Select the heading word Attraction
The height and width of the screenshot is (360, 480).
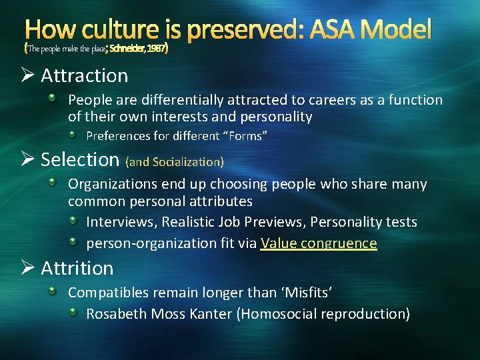tap(85, 75)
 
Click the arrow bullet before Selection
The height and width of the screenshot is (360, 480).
tap(29, 159)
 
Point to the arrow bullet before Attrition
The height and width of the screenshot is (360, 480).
tap(29, 268)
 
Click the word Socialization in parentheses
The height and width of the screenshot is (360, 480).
tap(187, 161)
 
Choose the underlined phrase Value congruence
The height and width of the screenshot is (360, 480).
tap(319, 243)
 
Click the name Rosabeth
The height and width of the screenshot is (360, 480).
tap(117, 313)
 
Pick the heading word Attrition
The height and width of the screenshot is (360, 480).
tap(77, 268)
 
